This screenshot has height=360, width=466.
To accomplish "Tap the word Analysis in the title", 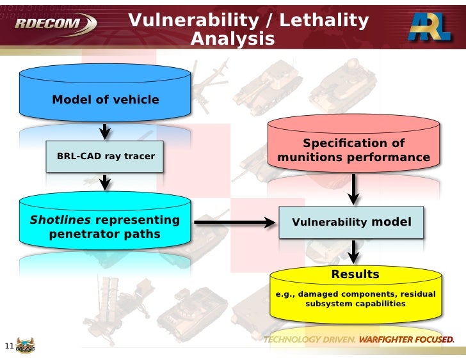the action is click(x=232, y=40).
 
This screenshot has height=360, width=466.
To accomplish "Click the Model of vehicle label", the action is click(x=106, y=100).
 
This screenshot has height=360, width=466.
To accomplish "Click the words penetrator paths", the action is click(x=105, y=235).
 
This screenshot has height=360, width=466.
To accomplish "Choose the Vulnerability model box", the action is click(x=351, y=223).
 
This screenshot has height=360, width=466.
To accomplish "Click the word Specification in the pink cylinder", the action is click(x=353, y=143).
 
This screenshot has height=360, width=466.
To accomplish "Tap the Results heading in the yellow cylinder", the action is click(x=355, y=274).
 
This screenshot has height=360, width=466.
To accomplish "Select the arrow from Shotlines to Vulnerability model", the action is click(x=233, y=223).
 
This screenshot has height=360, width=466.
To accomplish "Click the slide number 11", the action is click(x=9, y=347).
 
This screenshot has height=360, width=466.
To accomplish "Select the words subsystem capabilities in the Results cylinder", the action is click(x=355, y=304).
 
